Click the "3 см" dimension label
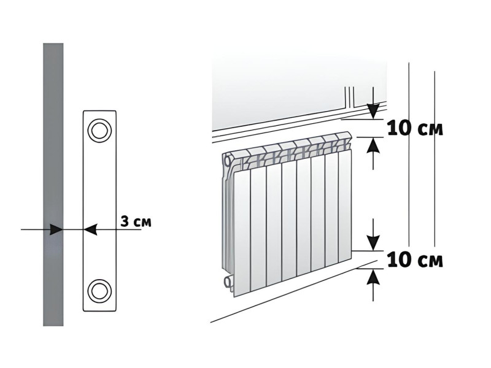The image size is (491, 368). [136, 221]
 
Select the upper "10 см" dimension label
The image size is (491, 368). [416, 128]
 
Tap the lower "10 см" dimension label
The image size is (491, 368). [416, 259]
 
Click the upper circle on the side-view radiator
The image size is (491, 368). [99, 130]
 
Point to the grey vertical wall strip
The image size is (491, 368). [53, 185]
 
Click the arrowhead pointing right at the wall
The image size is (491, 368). [56, 229]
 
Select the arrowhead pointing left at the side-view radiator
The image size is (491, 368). [90, 229]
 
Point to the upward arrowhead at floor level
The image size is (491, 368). [373, 277]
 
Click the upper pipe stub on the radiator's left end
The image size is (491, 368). [227, 161]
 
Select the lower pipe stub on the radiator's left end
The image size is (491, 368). [228, 281]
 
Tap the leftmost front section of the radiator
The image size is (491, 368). [242, 232]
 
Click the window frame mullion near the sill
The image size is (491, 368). [349, 97]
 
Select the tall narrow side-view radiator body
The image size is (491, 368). [99, 211]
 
